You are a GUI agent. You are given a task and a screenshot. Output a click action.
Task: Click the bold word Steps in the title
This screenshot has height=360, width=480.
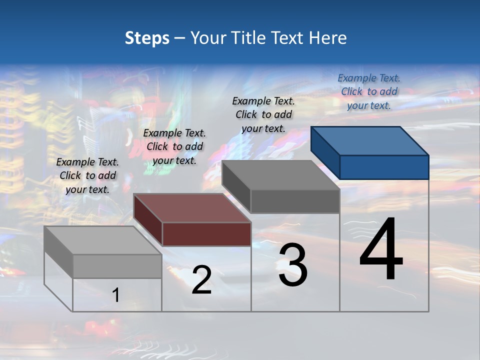tap(147, 38)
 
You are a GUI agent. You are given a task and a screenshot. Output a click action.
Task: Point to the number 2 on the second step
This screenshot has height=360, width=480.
tap(201, 280)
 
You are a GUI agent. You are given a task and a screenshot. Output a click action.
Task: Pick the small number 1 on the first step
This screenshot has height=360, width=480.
tap(115, 295)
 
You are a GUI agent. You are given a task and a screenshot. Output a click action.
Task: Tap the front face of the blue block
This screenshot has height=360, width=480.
tap(384, 167)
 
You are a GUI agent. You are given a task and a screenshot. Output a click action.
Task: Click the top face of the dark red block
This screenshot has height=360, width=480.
tap(192, 207)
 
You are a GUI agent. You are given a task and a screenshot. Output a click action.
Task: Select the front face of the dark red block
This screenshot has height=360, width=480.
tap(206, 234)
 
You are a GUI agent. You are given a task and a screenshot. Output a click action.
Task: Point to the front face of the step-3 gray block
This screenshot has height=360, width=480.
tap(295, 201)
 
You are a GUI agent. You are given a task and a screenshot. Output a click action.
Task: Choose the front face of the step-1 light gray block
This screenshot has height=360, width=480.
tap(117, 266)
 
